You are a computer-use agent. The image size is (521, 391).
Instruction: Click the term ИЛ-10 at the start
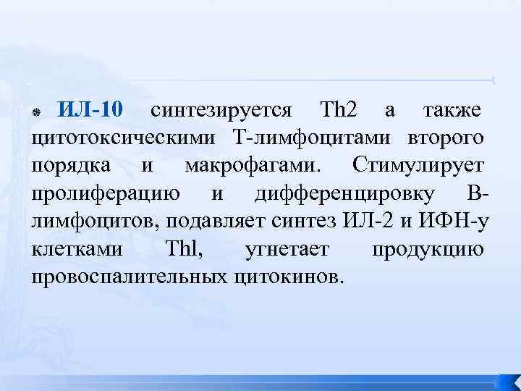point(92,110)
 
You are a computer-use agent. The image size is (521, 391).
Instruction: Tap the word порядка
point(71,166)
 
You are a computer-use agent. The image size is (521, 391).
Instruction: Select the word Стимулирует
point(419,166)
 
